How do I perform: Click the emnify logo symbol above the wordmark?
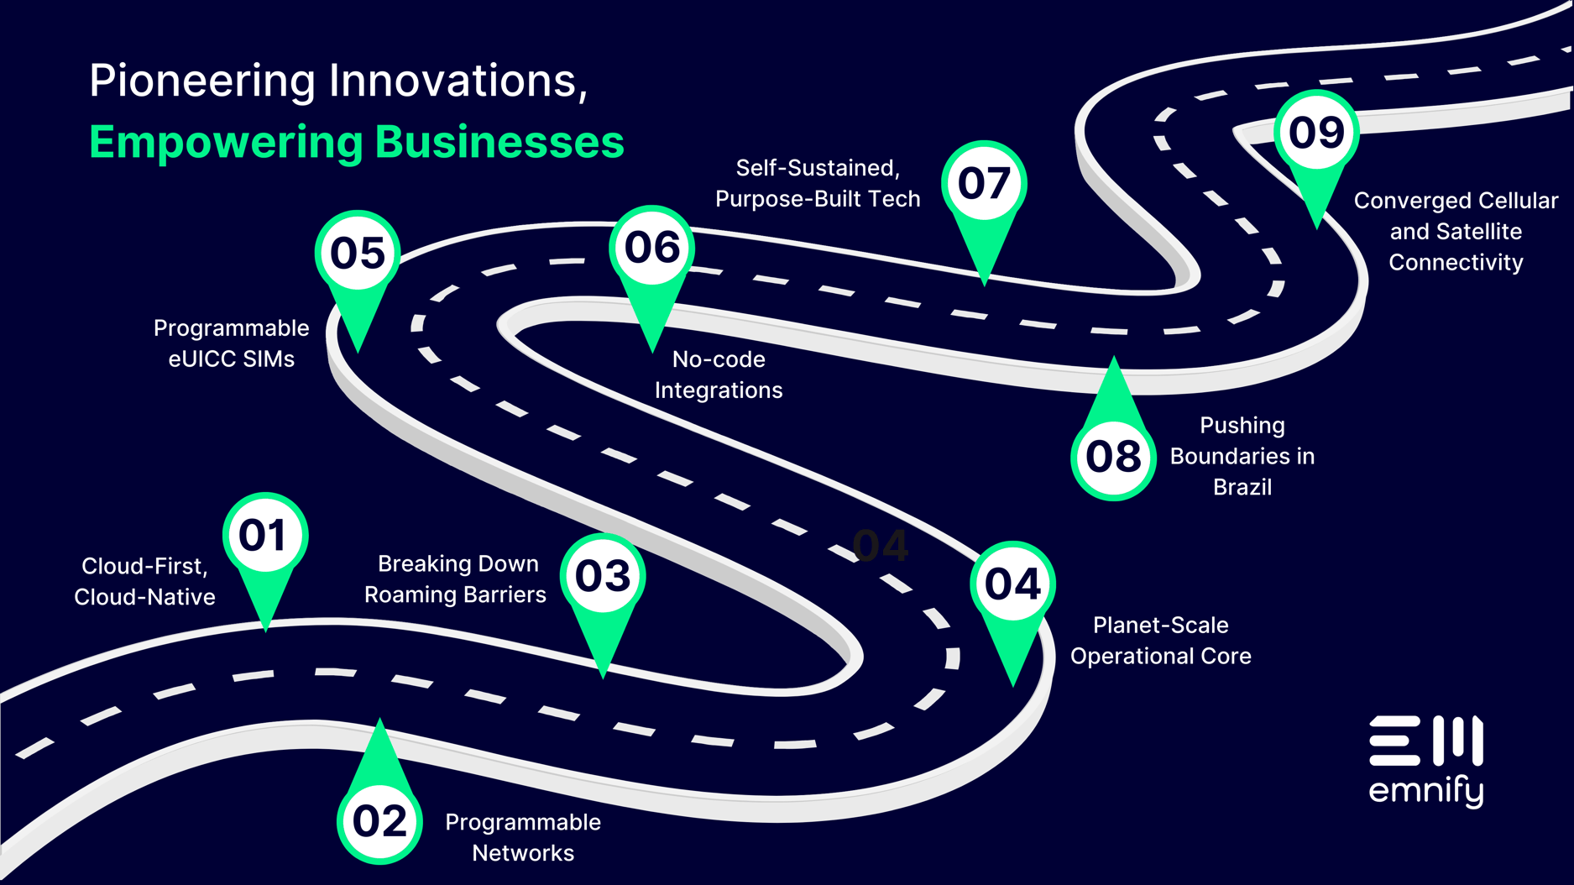(x=1425, y=741)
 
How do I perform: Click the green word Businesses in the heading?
(x=499, y=142)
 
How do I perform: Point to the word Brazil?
(x=1242, y=487)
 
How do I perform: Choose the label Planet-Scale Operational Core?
(x=1160, y=641)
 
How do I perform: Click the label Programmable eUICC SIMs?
(x=231, y=343)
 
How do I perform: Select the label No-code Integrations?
(x=719, y=374)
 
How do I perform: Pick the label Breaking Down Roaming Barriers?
(x=456, y=579)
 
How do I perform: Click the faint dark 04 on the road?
(x=880, y=546)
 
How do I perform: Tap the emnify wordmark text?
(x=1425, y=791)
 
